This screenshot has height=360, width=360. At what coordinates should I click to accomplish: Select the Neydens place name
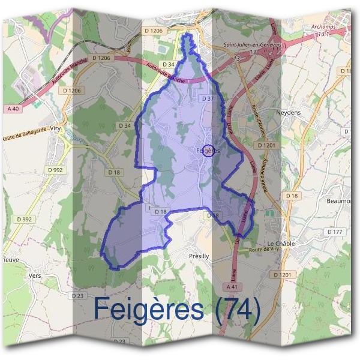click(286, 112)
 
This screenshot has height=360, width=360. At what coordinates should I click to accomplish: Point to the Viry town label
click(56, 128)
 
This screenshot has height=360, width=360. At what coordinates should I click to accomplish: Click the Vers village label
click(35, 276)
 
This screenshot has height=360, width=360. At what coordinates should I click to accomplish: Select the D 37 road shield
click(208, 98)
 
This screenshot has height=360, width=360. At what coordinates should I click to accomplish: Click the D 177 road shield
click(334, 232)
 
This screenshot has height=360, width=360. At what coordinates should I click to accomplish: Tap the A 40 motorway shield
click(14, 109)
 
